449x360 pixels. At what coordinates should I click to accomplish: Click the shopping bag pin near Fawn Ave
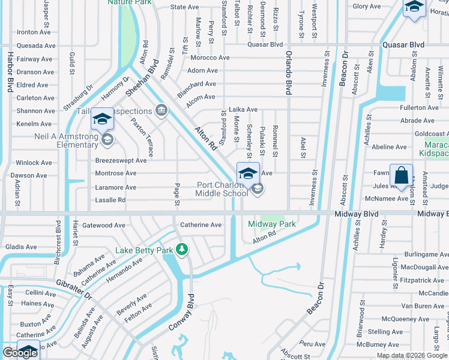(x=401, y=176)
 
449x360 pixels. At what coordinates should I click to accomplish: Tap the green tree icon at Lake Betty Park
(x=181, y=249)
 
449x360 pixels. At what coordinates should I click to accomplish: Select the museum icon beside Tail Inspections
(x=160, y=110)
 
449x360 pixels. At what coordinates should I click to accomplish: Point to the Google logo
(x=20, y=353)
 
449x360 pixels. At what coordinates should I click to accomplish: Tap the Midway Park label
(x=272, y=224)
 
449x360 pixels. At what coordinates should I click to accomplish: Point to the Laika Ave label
(x=243, y=110)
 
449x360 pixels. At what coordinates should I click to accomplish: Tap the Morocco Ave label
(x=210, y=58)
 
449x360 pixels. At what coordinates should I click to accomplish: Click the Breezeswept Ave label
(x=121, y=161)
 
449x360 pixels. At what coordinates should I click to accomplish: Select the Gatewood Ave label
(x=104, y=226)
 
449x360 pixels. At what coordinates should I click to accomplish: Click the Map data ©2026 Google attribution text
(x=412, y=355)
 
